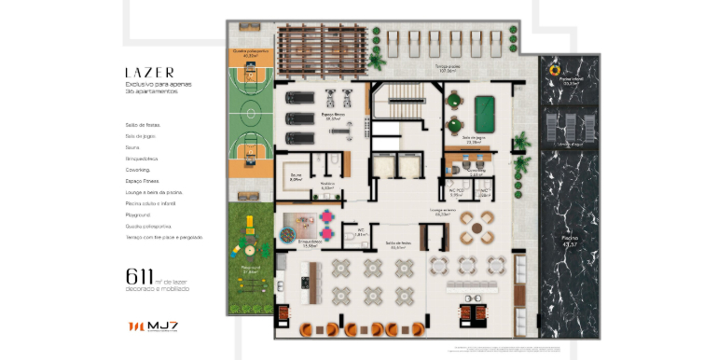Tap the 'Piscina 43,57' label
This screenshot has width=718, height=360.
tap(570, 242)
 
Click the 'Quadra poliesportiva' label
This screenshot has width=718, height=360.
tap(249, 53)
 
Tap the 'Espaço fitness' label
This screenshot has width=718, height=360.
tap(333, 117)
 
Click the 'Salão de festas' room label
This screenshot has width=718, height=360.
tap(402, 246)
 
